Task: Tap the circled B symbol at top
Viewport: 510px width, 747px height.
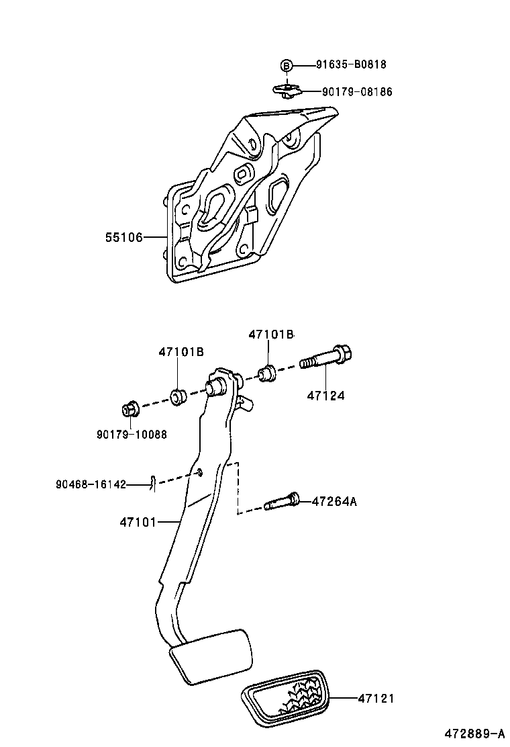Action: point(287,65)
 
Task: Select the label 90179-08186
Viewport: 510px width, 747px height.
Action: point(357,92)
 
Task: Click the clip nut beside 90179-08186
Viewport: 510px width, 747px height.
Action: point(287,89)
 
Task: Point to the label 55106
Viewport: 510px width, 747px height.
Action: point(124,237)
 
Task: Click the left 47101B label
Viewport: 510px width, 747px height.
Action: point(181,352)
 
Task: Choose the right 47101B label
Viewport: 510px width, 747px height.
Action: point(271,335)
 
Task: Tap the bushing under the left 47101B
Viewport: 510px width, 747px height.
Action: point(178,396)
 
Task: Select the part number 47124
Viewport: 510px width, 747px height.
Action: point(326,396)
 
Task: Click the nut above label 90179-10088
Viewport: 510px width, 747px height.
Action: point(130,410)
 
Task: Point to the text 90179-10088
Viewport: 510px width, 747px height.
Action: point(132,434)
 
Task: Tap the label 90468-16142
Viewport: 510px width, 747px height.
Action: point(91,484)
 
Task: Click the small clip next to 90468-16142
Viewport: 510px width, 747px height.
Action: point(153,483)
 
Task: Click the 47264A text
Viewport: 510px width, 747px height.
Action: point(334,501)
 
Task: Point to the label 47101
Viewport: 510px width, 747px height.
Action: point(138,521)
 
